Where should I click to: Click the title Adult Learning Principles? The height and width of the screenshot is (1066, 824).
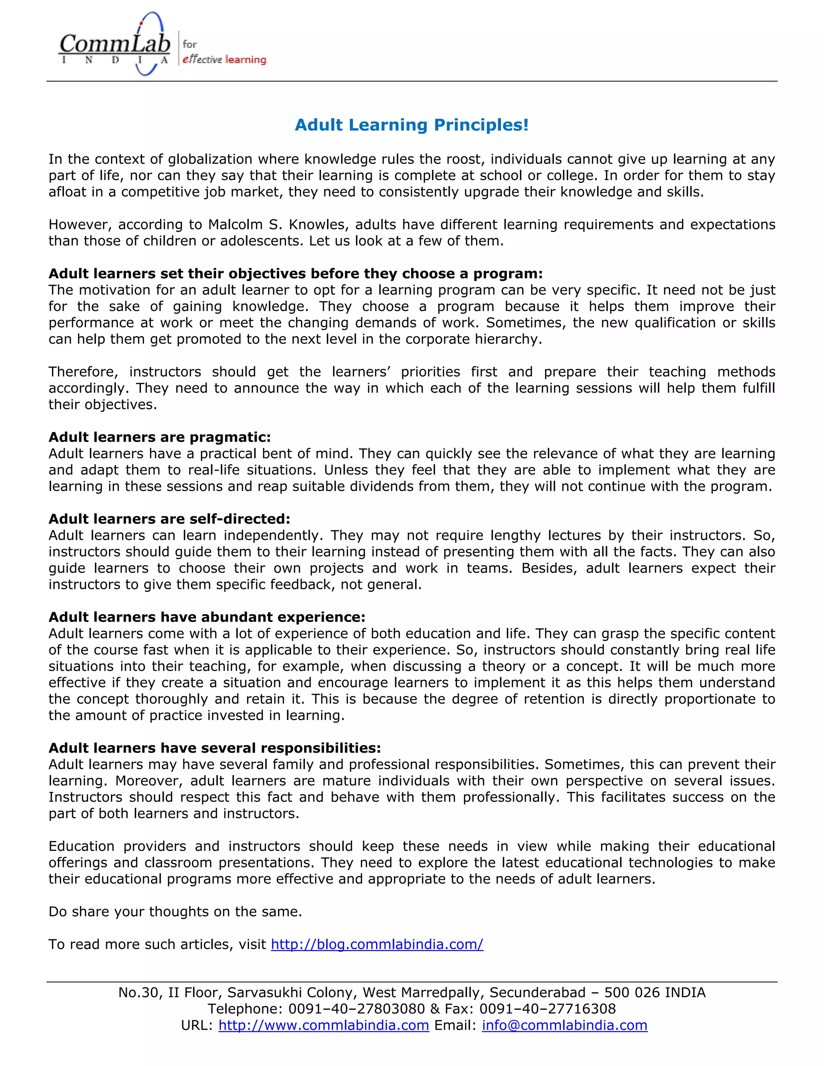click(x=412, y=125)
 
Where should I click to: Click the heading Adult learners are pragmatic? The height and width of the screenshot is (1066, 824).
click(x=159, y=437)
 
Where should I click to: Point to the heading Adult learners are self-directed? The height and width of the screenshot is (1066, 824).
click(x=169, y=519)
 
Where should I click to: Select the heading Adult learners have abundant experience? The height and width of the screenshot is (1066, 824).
click(x=206, y=617)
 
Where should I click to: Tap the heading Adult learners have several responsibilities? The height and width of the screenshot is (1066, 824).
click(x=214, y=748)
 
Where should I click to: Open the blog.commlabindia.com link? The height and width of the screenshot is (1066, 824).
click(x=377, y=944)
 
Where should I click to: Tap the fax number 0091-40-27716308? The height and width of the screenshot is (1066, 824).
click(x=547, y=1009)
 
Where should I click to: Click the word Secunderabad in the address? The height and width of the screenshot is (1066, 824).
click(x=538, y=992)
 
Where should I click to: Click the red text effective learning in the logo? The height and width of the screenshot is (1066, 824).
click(x=224, y=60)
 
